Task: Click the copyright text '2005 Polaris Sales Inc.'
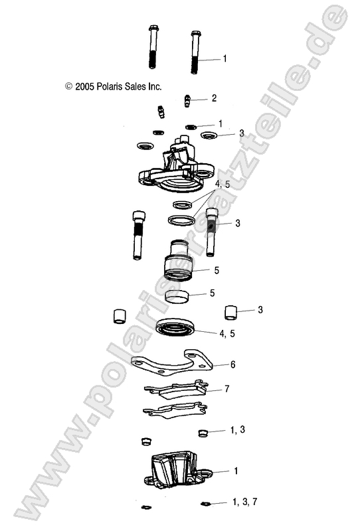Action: [x=113, y=86]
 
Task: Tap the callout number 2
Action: [x=214, y=98]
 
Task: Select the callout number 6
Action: [x=233, y=364]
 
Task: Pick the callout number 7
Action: [x=228, y=388]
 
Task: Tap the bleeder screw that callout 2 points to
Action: [x=188, y=100]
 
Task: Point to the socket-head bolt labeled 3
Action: [x=212, y=232]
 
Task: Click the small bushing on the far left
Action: [x=120, y=315]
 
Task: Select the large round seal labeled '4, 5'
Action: [x=176, y=328]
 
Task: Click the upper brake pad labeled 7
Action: [x=175, y=391]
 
